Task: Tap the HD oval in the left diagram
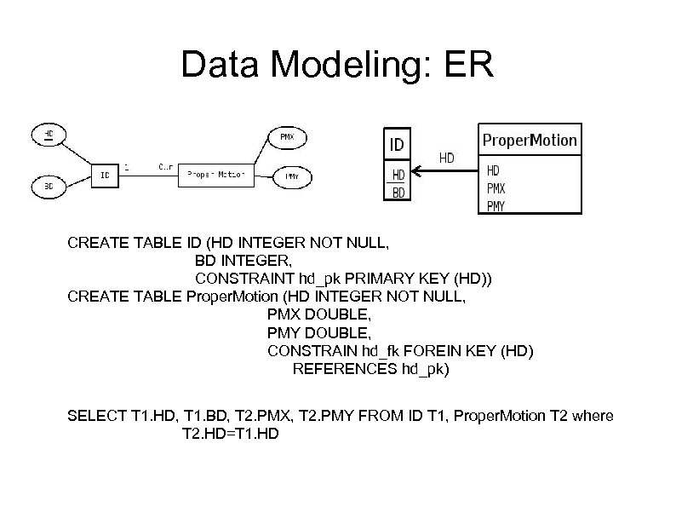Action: (x=50, y=134)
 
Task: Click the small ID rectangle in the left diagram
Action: (x=105, y=175)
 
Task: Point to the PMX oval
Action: (x=288, y=136)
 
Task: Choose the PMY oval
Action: (x=290, y=177)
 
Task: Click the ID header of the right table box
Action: (x=397, y=144)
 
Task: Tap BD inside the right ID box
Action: (x=398, y=193)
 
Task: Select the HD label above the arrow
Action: (x=445, y=158)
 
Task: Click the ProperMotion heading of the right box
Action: (x=530, y=140)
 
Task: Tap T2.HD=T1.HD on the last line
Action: (x=231, y=434)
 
